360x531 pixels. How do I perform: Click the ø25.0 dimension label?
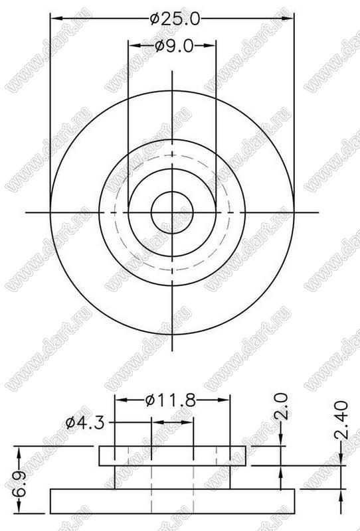tap(175, 19)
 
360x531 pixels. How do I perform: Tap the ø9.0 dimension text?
tap(174, 46)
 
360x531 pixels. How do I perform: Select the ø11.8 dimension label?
tap(171, 401)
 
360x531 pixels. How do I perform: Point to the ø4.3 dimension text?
tap(85, 423)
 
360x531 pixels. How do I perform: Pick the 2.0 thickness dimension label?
tap(282, 406)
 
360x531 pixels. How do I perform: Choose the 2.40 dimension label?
tap(341, 420)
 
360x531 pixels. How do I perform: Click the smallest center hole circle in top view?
tap(172, 192)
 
